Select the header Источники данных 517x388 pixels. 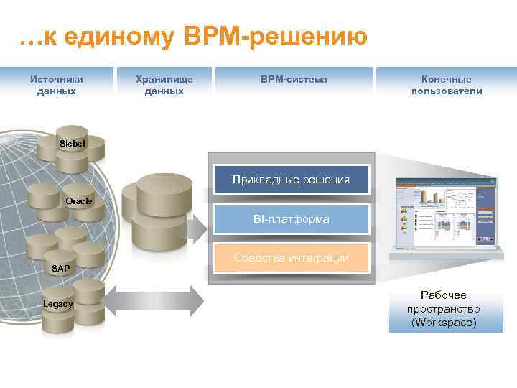click(55, 85)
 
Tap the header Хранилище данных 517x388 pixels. click(164, 85)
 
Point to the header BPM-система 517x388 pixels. click(294, 79)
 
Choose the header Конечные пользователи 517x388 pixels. click(447, 85)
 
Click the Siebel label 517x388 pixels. click(72, 144)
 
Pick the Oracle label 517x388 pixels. click(78, 201)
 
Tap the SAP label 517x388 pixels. click(61, 268)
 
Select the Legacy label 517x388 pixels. click(57, 304)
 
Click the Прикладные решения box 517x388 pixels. click(291, 179)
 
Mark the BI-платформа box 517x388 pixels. click(291, 218)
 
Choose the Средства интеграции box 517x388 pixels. click(291, 258)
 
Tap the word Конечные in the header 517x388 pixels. click(447, 79)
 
